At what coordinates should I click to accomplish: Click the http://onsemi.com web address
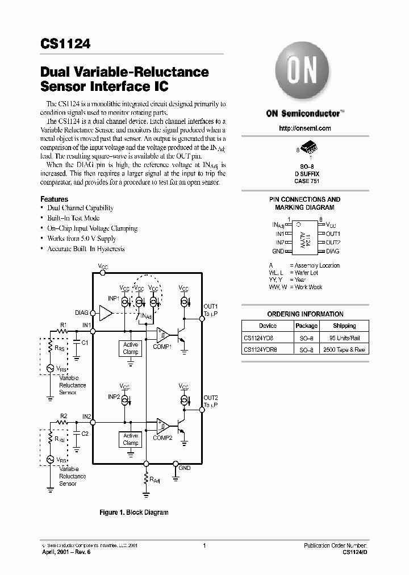[x=305, y=128]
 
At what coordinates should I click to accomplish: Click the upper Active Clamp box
[x=131, y=348]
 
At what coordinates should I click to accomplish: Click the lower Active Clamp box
[x=131, y=439]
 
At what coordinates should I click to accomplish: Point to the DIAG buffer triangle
[x=106, y=312]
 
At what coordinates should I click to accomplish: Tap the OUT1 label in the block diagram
[x=211, y=306]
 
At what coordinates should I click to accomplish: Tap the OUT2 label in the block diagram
[x=211, y=397]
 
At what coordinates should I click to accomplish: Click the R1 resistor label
[x=64, y=324]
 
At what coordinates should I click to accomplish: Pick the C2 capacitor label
[x=85, y=434]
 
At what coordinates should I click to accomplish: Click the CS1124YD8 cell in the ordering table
[x=260, y=338]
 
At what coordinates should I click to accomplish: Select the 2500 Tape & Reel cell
[x=344, y=350]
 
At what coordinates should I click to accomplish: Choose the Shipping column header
[x=344, y=326]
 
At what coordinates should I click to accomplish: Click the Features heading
[x=54, y=199]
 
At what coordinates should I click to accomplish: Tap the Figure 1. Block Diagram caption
[x=134, y=512]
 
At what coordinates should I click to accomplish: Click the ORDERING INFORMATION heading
[x=305, y=314]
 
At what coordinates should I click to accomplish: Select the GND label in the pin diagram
[x=278, y=251]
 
